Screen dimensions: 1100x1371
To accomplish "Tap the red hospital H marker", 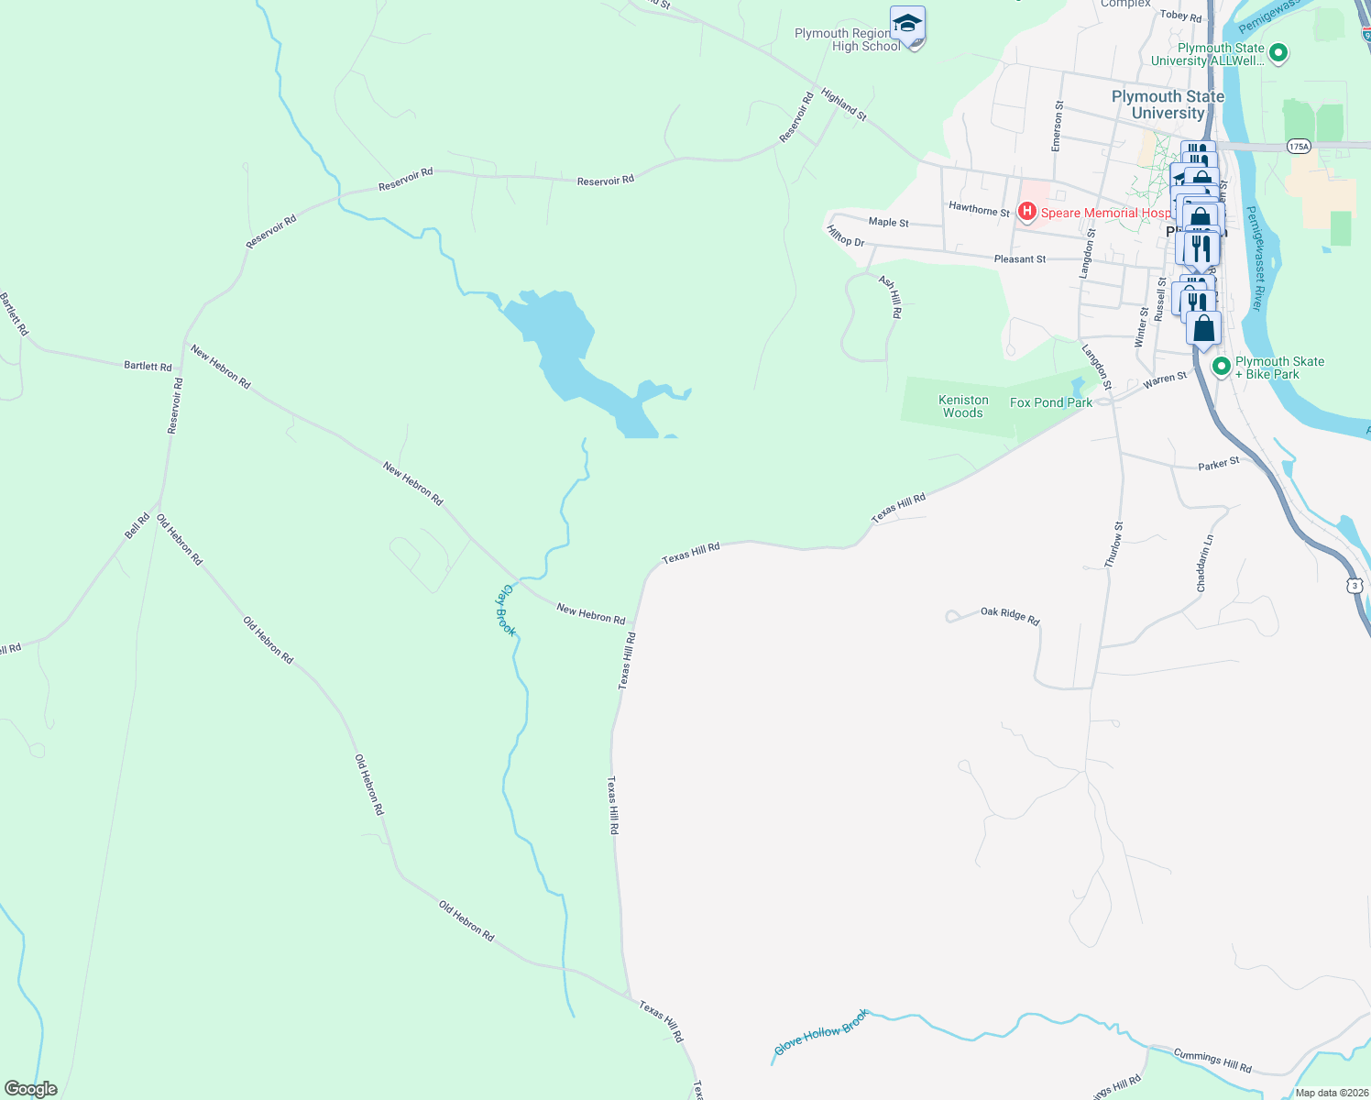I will click(1027, 213).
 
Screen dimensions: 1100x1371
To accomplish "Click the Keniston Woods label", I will click(963, 407).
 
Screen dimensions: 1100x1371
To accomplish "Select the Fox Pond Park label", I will click(1050, 402).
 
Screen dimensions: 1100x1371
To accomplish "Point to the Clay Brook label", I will click(506, 610).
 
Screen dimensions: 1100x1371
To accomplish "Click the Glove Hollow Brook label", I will click(821, 1032).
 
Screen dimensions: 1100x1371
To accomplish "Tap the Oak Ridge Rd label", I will click(1010, 615).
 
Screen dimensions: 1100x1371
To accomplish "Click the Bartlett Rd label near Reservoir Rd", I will click(148, 366).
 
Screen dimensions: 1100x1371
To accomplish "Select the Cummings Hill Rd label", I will click(1212, 1061).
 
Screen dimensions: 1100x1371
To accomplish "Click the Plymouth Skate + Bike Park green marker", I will click(1221, 367).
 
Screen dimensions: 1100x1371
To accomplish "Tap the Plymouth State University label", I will click(1168, 104).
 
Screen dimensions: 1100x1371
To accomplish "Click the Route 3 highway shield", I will click(1355, 585).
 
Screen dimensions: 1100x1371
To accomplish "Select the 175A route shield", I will click(1299, 147).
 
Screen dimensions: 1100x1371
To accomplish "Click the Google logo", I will click(31, 1089).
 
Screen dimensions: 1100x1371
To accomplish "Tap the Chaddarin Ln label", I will click(1205, 563).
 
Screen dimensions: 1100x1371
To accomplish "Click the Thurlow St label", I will click(1113, 545).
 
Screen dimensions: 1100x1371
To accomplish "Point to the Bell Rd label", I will click(137, 526).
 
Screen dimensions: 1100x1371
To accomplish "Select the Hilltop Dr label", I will click(845, 236).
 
